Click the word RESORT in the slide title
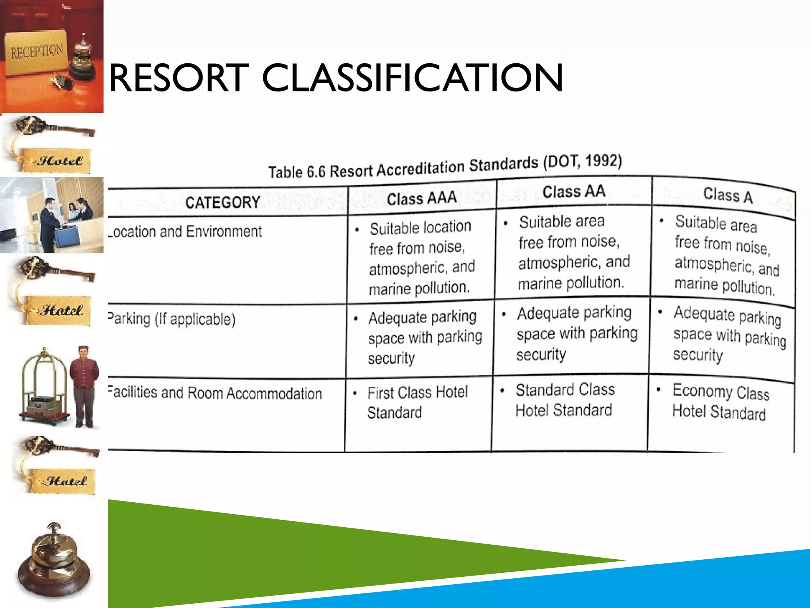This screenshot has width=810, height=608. tap(178, 78)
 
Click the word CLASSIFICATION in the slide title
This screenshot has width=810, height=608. tap(413, 78)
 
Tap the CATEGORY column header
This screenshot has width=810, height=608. tap(223, 202)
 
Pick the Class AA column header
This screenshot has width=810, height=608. tap(573, 192)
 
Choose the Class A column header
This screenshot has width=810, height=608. tap(728, 195)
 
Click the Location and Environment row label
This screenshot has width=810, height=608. tap(185, 231)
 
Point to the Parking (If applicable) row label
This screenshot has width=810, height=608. tap(172, 319)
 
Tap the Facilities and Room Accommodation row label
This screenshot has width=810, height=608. tap(215, 393)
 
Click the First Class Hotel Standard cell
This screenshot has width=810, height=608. tap(417, 402)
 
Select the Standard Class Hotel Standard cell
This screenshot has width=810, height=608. tap(565, 400)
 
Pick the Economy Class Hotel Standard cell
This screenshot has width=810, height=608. tap(720, 402)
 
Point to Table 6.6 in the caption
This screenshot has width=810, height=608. tap(297, 172)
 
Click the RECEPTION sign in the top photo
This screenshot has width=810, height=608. tap(37, 51)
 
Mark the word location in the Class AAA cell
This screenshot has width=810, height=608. tap(446, 226)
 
